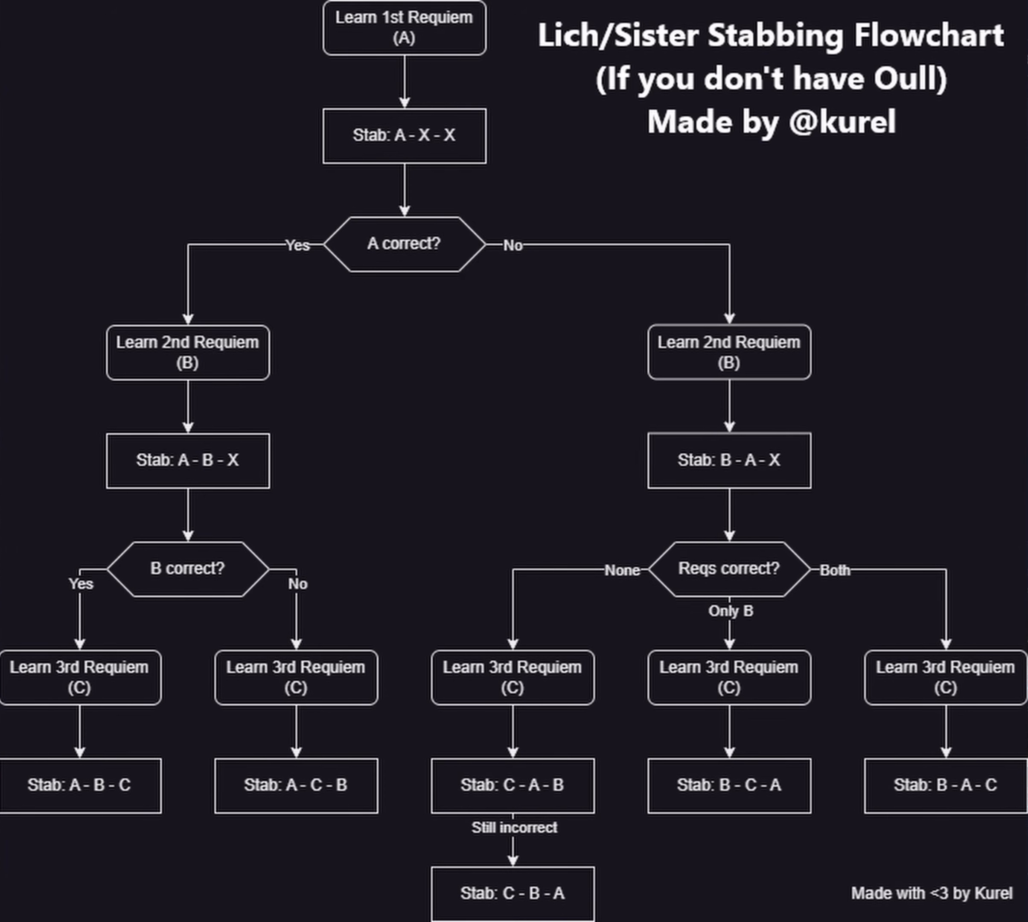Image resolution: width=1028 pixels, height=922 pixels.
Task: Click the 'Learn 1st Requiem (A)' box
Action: click(x=404, y=28)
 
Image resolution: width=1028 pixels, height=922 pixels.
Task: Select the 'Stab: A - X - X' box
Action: click(x=404, y=136)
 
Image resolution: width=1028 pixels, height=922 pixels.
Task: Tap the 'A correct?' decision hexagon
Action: click(x=404, y=244)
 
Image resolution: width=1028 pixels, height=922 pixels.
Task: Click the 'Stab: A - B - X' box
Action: click(x=187, y=461)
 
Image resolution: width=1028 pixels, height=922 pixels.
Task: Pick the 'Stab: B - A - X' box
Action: click(x=729, y=461)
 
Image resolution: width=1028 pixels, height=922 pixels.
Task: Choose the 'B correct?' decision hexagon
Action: click(x=187, y=569)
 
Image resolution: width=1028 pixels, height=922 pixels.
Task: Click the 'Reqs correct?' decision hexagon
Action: click(x=729, y=569)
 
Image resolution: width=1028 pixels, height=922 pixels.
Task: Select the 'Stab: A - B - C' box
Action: click(x=79, y=785)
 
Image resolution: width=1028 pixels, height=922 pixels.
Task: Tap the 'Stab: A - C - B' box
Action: click(x=296, y=785)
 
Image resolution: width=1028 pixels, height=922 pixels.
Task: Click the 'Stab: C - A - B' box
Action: click(x=513, y=785)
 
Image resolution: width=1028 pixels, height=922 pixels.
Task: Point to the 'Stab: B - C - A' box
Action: click(x=729, y=785)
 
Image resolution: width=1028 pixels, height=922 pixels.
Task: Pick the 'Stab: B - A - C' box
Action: click(x=946, y=785)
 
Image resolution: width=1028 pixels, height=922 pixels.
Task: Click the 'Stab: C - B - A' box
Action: click(x=513, y=893)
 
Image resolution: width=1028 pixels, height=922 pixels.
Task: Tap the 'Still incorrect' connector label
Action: click(x=514, y=828)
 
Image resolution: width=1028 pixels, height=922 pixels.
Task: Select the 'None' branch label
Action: click(x=622, y=570)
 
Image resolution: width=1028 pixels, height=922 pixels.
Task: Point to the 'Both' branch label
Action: click(x=835, y=570)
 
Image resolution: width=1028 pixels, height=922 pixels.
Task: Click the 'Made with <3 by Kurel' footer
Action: click(x=932, y=893)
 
